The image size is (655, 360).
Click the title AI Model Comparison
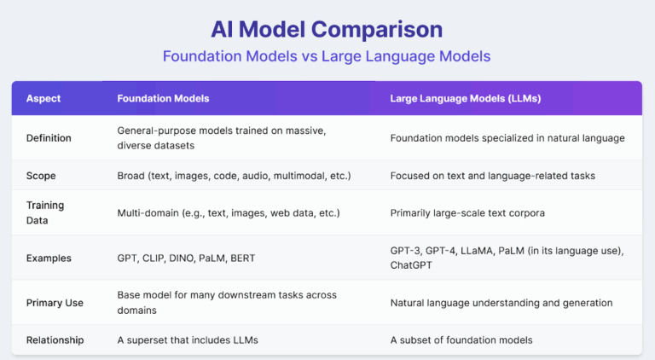(x=327, y=28)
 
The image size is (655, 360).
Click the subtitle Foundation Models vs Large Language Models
(x=327, y=55)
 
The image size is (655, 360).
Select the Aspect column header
(x=43, y=99)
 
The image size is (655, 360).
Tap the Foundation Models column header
(x=163, y=99)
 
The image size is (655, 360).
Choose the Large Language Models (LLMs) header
(x=465, y=99)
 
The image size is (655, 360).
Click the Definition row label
(x=49, y=138)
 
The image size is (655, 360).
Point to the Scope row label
(x=42, y=176)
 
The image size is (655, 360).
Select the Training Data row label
(x=44, y=212)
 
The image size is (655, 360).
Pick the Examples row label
(x=49, y=258)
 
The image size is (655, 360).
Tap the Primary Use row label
(x=55, y=302)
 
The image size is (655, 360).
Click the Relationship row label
(x=55, y=340)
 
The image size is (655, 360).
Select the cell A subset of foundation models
(x=461, y=340)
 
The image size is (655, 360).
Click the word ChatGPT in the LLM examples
(x=411, y=265)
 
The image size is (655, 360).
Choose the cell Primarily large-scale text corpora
(x=468, y=212)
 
